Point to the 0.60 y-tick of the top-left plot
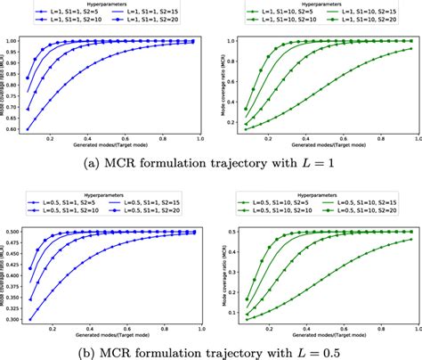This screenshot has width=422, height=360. (x=15, y=130)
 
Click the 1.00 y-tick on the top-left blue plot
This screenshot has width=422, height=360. (x=15, y=42)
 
